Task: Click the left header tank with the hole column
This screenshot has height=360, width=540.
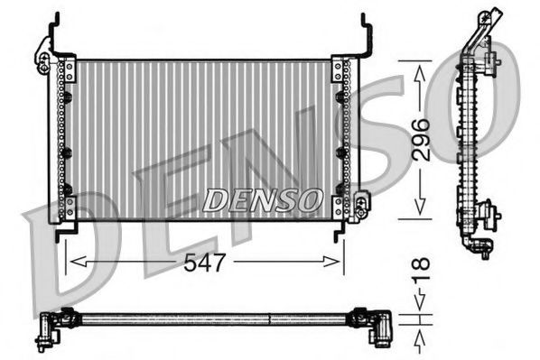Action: pyautogui.click(x=65, y=140)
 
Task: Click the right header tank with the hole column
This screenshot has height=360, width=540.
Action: pyautogui.click(x=342, y=140)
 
